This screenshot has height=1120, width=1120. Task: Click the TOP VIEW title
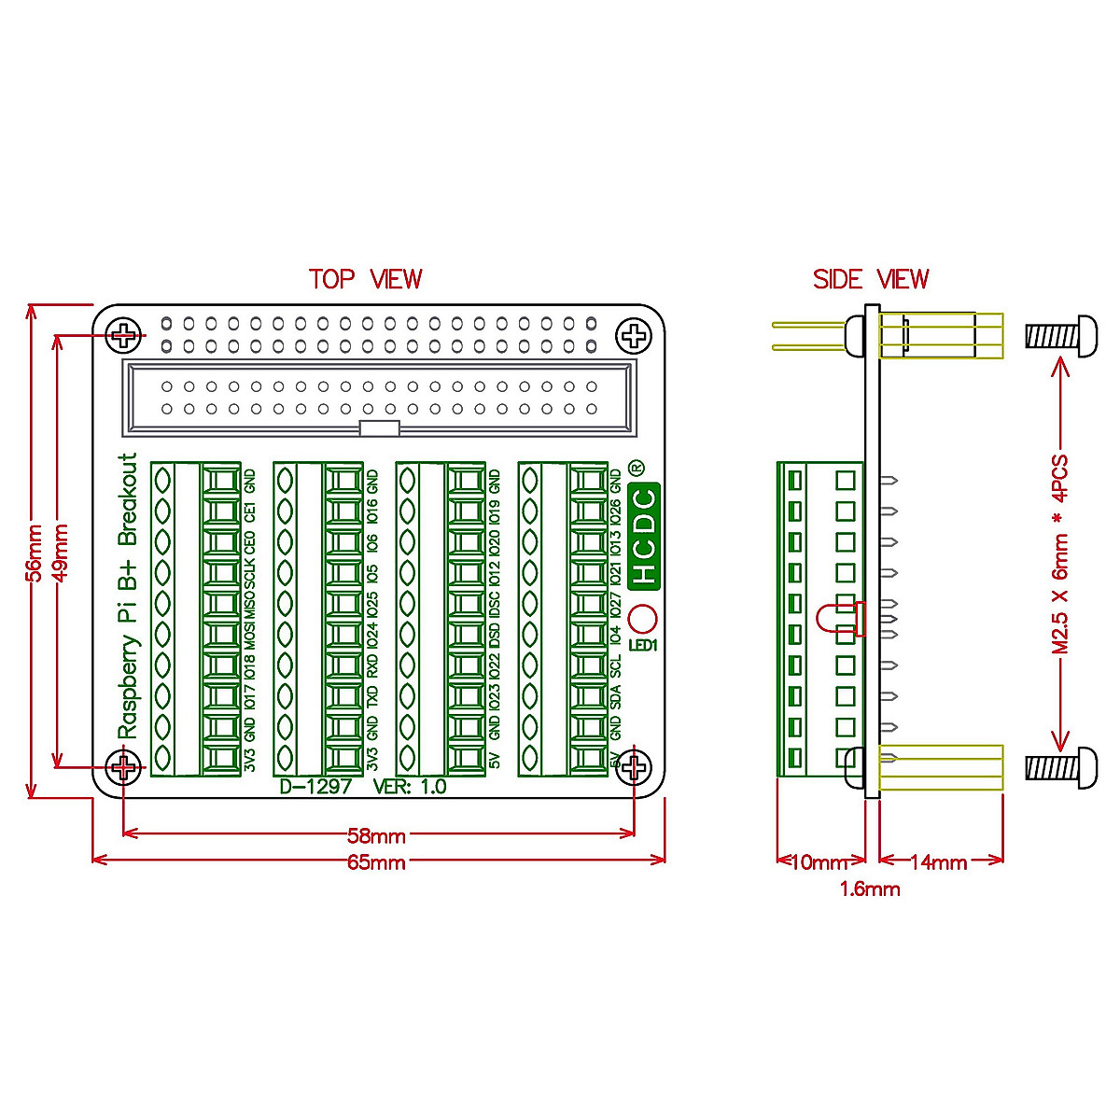point(365,279)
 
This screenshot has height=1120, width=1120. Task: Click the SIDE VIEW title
point(870,279)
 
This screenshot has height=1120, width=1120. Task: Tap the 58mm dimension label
point(377,836)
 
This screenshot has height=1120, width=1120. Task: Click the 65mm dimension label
point(377,862)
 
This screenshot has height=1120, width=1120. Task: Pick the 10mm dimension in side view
point(818,862)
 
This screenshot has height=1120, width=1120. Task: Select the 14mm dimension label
point(937,862)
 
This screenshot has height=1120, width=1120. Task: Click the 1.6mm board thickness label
point(870,889)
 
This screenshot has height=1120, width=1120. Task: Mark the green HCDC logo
point(644,536)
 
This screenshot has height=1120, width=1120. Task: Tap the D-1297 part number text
point(315,786)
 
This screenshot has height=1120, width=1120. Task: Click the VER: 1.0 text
point(410,786)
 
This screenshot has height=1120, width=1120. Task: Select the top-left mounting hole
point(124,335)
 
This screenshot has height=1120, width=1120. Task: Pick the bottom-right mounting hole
point(635,768)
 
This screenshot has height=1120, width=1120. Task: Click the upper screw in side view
point(1061,335)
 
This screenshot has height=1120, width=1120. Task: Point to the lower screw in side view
point(1061,767)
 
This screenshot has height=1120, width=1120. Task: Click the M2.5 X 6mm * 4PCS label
point(1060,554)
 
